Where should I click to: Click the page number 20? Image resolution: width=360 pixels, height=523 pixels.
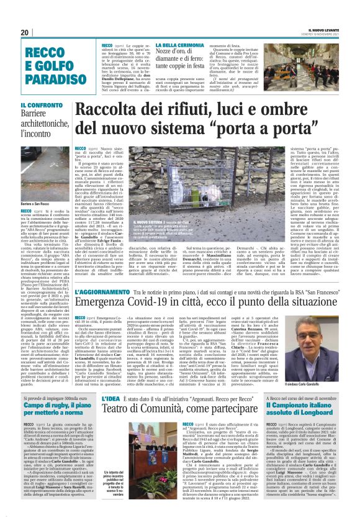tap(25, 32)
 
